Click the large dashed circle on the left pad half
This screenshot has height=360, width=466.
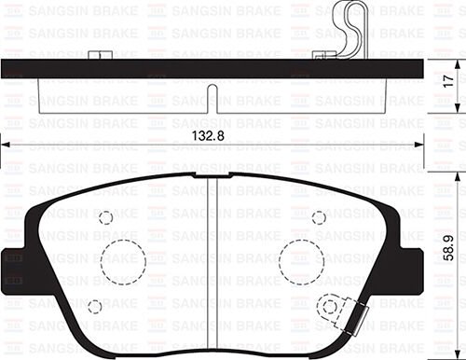pos(123,262)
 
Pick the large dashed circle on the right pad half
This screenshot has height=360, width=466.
pos(301,260)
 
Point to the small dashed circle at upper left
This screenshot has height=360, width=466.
pos(105,217)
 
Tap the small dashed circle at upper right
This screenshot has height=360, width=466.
pos(319,217)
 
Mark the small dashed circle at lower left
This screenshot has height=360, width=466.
pos(94,305)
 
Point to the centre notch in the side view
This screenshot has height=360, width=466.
pos(213,99)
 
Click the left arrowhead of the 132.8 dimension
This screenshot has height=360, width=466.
pos(5,145)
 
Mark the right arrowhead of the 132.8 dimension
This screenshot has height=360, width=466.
pos(420,145)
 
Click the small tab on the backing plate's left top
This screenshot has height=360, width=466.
pos(96,56)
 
